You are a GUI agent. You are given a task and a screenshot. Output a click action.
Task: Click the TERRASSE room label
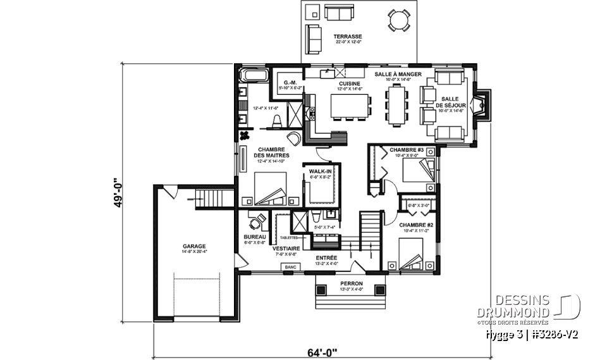point(348,37)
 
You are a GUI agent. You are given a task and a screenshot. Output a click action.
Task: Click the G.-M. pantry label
point(291,83)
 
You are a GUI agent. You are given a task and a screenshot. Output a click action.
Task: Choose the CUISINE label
point(350,84)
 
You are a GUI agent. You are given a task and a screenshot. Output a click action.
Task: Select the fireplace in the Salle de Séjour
point(482,105)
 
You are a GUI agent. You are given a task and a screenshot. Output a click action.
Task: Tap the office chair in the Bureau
point(252,222)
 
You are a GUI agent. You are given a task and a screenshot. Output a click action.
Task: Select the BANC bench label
point(291,268)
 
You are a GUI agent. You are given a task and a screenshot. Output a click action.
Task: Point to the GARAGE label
point(194,246)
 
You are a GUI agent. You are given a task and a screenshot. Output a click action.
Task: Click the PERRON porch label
point(349,283)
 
